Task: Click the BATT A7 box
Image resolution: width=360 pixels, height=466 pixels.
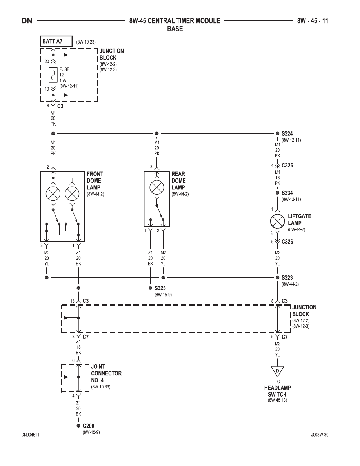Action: [56, 41]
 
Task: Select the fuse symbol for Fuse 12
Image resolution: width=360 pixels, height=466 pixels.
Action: [53, 75]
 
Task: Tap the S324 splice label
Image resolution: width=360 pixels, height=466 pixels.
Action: [287, 134]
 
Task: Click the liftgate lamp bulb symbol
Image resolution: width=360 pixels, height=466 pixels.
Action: [277, 221]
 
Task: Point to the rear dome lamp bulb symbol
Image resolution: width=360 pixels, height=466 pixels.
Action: [157, 187]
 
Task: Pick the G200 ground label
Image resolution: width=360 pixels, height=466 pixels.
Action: [88, 426]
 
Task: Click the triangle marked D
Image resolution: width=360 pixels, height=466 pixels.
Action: [277, 371]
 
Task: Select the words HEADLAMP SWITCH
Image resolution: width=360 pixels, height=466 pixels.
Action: [277, 391]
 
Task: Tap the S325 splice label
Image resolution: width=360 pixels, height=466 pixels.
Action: [160, 288]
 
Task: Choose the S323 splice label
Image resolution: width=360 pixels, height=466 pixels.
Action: [287, 278]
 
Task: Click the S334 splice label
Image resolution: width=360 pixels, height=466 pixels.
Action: [287, 193]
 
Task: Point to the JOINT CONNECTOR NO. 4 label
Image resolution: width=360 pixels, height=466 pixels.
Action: [106, 373]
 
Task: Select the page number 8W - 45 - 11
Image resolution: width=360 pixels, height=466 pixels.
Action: [313, 21]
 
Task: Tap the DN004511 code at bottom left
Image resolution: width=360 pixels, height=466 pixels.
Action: [30, 435]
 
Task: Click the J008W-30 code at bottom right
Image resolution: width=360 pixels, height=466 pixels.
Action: [320, 435]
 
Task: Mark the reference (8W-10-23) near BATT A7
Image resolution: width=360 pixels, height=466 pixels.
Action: [86, 42]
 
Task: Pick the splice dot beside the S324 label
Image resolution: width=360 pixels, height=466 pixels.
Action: [277, 133]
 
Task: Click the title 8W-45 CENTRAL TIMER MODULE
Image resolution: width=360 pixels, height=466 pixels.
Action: [175, 21]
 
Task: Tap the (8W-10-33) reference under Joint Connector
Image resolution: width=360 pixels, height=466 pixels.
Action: [101, 387]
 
